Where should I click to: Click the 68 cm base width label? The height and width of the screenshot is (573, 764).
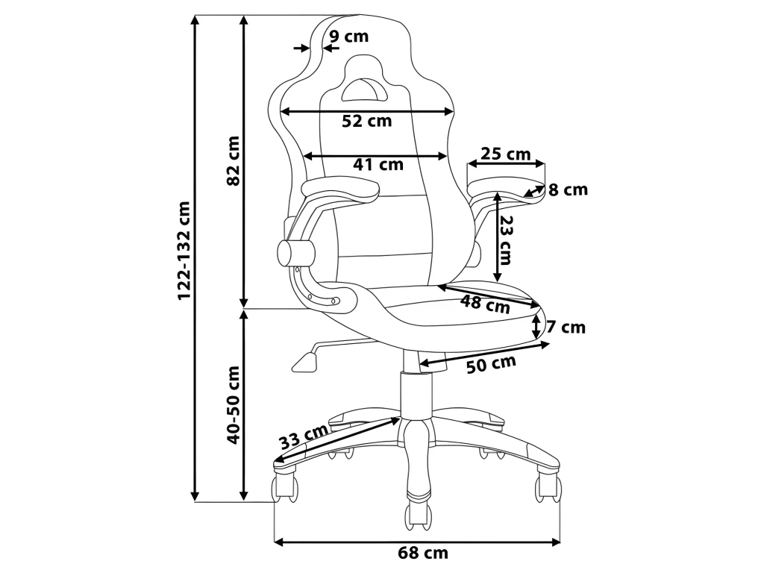pyautogui.click(x=422, y=554)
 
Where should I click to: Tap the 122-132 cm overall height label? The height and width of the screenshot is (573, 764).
pyautogui.click(x=184, y=251)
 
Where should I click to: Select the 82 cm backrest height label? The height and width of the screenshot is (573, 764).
pyautogui.click(x=234, y=160)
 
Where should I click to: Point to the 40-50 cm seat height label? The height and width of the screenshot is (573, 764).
pyautogui.click(x=234, y=404)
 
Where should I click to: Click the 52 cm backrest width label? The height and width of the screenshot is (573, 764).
pyautogui.click(x=366, y=121)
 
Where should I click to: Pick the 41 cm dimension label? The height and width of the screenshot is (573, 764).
pyautogui.click(x=378, y=165)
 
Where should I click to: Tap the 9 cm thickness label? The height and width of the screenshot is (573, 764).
pyautogui.click(x=349, y=36)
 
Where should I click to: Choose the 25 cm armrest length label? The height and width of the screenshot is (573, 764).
pyautogui.click(x=505, y=154)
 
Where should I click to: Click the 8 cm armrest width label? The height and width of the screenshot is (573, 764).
pyautogui.click(x=568, y=190)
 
